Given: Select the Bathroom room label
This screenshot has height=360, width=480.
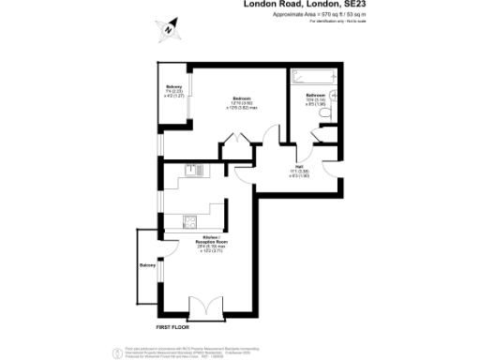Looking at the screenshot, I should coord(315,96).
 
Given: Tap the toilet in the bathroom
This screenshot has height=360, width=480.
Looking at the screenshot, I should coord(323,113).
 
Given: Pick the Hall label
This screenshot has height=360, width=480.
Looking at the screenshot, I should coord(298,166).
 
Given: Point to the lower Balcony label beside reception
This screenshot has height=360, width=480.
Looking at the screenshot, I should coord(147,266).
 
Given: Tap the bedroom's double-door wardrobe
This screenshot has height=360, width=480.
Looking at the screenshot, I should coord(232,142).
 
